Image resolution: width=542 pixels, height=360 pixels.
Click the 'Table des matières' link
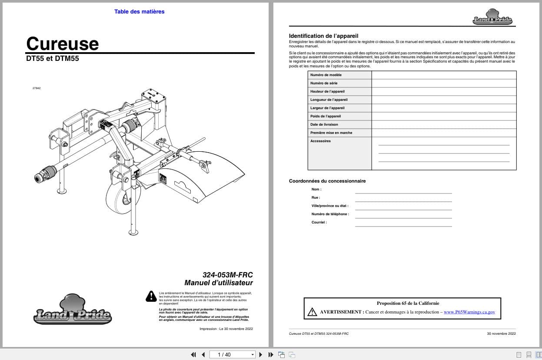point(139,12)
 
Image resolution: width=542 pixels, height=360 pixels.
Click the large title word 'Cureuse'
point(63,43)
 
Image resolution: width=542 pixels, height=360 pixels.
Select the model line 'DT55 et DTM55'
point(53,59)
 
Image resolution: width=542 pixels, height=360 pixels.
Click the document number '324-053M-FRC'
point(227,275)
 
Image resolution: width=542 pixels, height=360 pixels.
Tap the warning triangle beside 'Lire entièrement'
point(151,296)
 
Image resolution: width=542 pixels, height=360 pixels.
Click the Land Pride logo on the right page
point(492,18)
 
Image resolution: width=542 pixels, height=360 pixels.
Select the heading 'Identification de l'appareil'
point(323,36)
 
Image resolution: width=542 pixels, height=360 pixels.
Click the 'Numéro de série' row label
point(324,83)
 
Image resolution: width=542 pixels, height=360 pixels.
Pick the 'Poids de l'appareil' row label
point(326,116)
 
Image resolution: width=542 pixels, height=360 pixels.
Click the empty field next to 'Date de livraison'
point(444,124)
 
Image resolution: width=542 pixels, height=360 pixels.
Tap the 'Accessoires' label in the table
point(320,141)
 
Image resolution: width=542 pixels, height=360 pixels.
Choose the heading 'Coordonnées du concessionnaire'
point(327,181)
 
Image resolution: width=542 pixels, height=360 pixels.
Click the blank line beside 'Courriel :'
point(403,223)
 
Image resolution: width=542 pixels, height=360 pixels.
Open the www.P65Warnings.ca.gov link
point(469,312)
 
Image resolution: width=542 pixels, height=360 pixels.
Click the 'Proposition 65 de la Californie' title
point(408,303)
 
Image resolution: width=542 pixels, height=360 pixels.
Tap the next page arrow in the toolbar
point(261,354)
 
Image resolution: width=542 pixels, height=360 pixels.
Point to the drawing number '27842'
point(37,88)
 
